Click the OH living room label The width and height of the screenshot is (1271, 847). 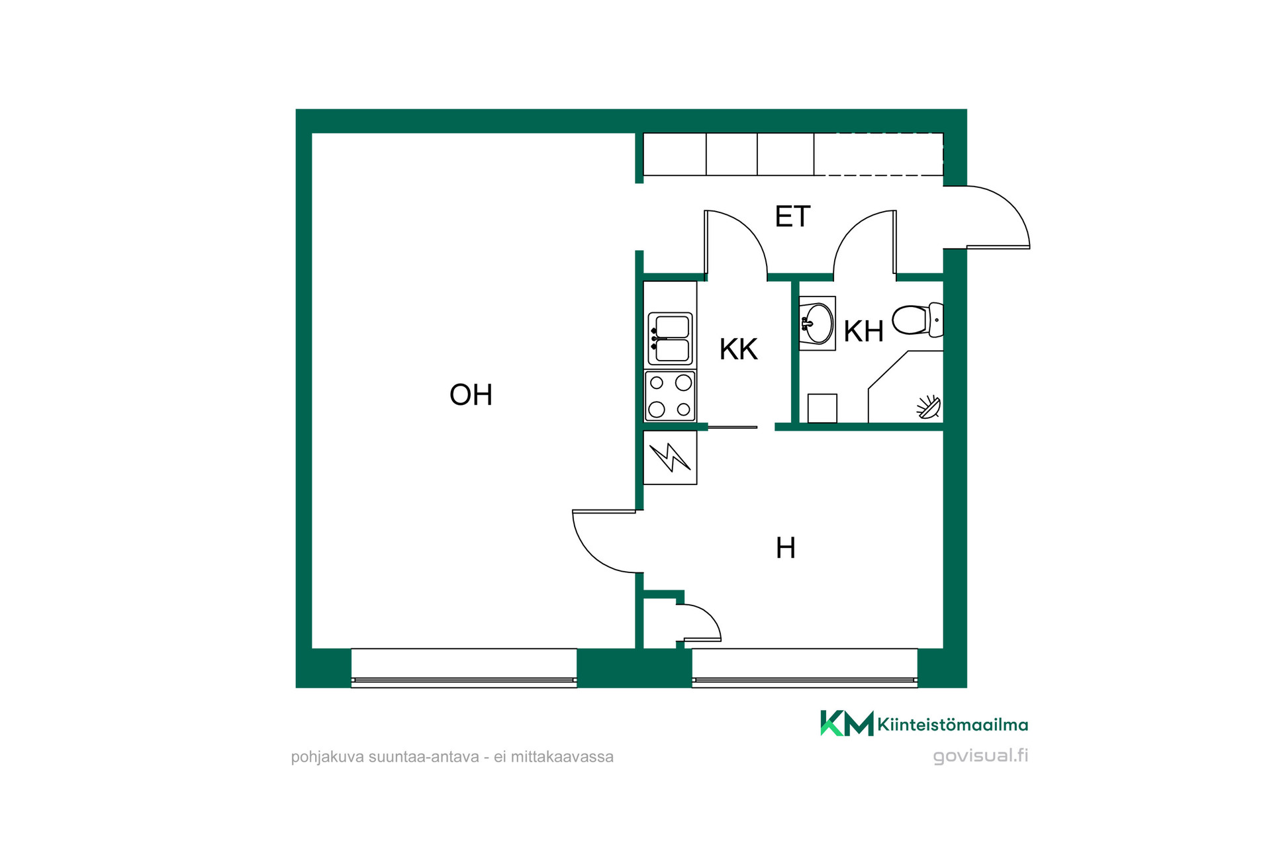pos(471,395)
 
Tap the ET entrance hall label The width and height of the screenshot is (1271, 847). pos(792,217)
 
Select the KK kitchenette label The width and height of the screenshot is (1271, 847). pos(738,349)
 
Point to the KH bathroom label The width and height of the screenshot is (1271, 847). pos(863,332)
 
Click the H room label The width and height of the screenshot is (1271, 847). pos(785,549)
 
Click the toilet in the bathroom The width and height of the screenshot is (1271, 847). pos(918,320)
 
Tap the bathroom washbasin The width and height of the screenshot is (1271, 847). pos(817,324)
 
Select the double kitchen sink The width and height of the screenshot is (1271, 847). pos(670,339)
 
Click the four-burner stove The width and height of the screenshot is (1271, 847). pos(670,396)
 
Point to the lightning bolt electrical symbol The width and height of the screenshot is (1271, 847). pos(670,457)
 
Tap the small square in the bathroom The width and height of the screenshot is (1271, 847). pos(822,408)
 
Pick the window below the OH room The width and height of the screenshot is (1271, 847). pos(463,668)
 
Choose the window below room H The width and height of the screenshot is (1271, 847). pos(805,668)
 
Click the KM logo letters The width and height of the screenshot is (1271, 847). pos(847,723)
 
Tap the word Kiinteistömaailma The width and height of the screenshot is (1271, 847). pos(953,725)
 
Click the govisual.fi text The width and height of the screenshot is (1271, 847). pos(980,756)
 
